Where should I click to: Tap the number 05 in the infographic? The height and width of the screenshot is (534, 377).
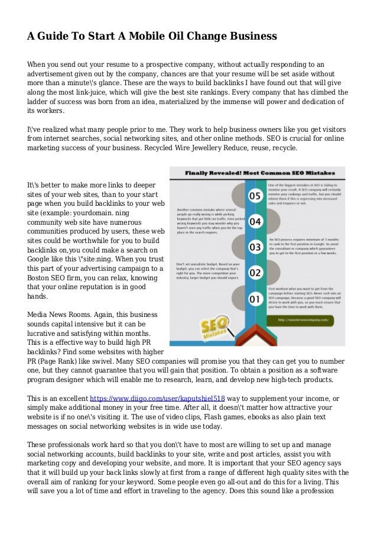[x=255, y=195]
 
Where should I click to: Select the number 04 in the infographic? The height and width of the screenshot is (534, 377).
[x=255, y=221]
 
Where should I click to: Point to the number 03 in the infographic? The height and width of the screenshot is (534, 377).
[x=255, y=247]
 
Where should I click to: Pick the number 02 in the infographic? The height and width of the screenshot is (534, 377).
[x=255, y=273]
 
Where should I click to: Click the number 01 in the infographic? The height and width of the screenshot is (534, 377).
[x=255, y=300]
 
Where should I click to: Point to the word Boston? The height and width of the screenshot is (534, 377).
[x=42, y=278]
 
